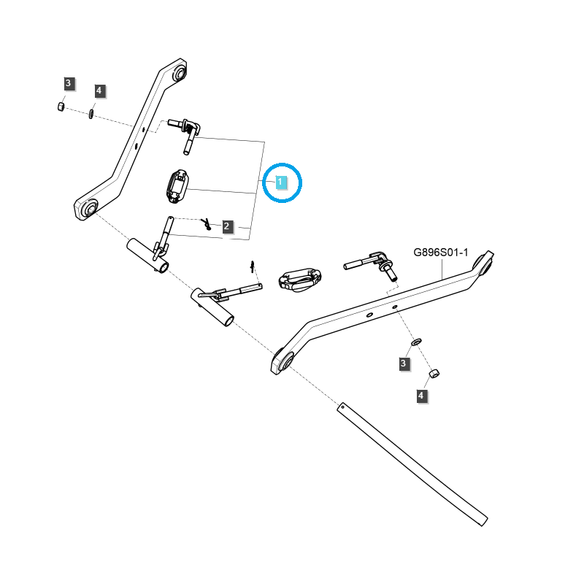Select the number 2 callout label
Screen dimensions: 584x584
(x=227, y=226)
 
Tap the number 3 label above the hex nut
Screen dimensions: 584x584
(x=68, y=83)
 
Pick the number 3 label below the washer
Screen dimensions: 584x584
(x=404, y=363)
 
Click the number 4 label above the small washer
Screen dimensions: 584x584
(x=100, y=91)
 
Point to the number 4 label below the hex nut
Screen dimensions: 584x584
(x=420, y=396)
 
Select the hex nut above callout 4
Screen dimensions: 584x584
(x=432, y=374)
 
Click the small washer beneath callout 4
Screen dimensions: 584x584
(x=91, y=113)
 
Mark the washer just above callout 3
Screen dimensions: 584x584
(x=416, y=342)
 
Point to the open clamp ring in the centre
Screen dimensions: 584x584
(x=299, y=280)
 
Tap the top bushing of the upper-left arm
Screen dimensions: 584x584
(x=179, y=74)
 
